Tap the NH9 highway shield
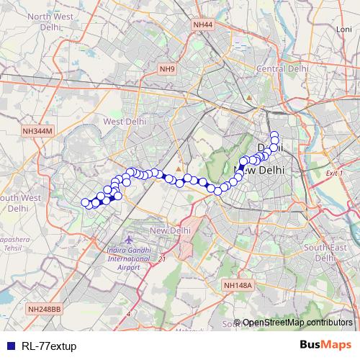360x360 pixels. [x=168, y=69]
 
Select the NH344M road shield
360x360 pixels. [x=37, y=131]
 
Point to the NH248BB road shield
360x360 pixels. [x=45, y=308]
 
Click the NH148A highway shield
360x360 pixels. [x=238, y=286]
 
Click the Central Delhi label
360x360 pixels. [x=283, y=68]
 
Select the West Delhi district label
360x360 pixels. [x=125, y=122]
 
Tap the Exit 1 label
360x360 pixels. [x=332, y=174]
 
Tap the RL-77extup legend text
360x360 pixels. [x=49, y=346]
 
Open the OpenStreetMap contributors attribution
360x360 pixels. [x=297, y=322]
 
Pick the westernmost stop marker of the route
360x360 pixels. [x=85, y=202]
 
